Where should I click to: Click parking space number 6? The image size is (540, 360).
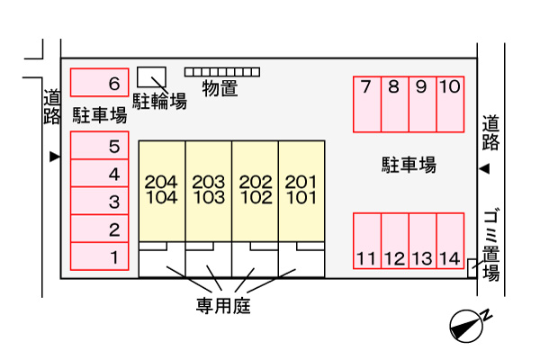click(x=100, y=82)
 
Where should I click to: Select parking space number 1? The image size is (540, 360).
click(x=100, y=256)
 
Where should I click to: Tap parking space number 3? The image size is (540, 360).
click(x=100, y=201)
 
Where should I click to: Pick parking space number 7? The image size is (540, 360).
click(x=367, y=104)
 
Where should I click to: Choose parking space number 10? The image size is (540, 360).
click(x=451, y=104)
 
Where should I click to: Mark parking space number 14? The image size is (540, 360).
click(x=451, y=241)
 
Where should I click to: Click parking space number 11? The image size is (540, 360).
click(x=367, y=241)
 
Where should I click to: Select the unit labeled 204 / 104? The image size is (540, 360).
click(x=162, y=191)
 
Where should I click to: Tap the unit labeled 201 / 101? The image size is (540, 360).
click(x=301, y=191)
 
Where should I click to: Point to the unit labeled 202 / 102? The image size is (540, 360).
click(x=256, y=191)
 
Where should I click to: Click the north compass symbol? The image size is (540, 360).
click(x=468, y=326)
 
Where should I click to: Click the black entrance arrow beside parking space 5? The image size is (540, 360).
click(x=55, y=157)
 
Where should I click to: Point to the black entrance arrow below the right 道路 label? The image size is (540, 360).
click(x=484, y=169)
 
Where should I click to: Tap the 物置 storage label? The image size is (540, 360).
click(x=220, y=88)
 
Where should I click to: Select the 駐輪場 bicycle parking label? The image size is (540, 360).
click(x=160, y=102)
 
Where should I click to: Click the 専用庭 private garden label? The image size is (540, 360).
click(x=223, y=306)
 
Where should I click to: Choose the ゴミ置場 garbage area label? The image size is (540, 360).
click(x=491, y=246)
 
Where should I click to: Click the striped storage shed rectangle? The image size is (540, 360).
click(x=222, y=72)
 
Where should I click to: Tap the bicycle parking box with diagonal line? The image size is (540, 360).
click(x=151, y=77)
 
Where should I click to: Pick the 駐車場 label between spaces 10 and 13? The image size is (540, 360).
click(x=409, y=165)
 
